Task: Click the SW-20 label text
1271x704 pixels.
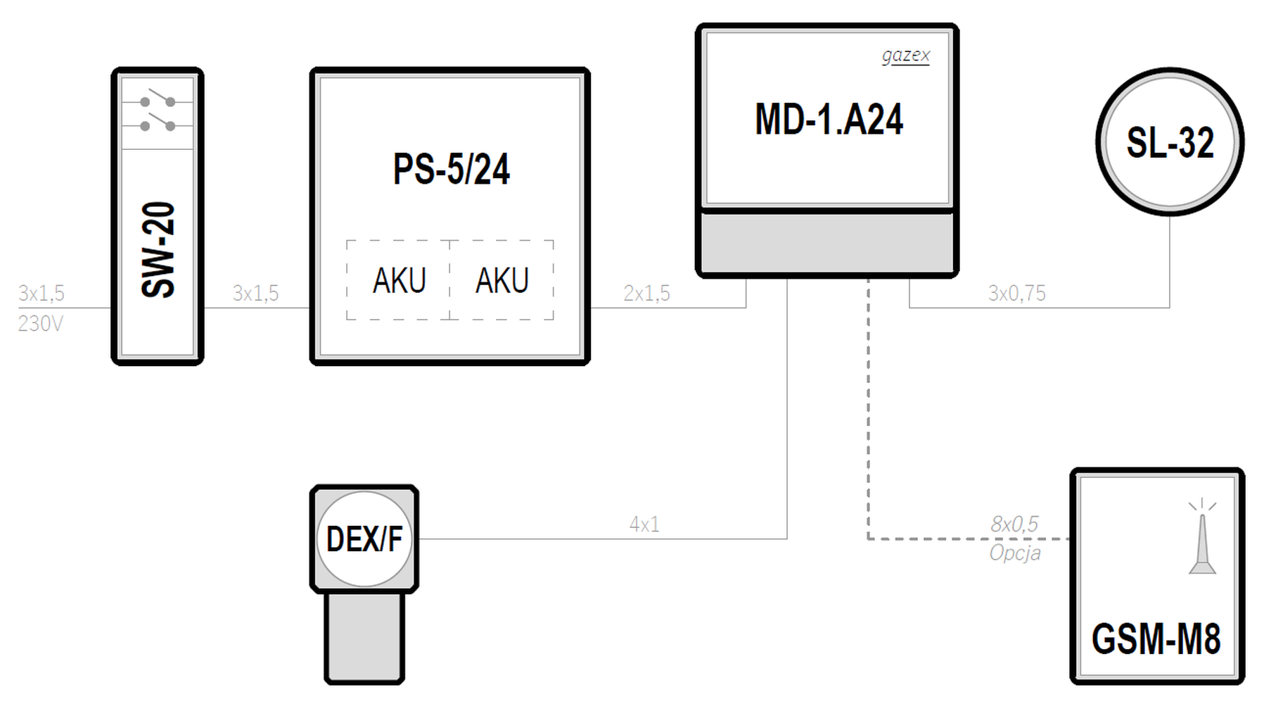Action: [x=158, y=250]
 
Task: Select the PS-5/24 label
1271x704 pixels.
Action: [x=451, y=169]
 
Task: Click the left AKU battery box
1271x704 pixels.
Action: [x=398, y=280]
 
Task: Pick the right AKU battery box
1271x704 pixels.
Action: [x=502, y=280]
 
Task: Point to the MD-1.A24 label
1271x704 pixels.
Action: [x=829, y=119]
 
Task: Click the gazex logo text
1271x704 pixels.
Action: [x=906, y=55]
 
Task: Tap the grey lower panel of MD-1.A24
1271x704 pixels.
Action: [x=827, y=241]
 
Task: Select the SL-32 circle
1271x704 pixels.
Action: [x=1170, y=142]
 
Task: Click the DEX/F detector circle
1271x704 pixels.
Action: [x=364, y=539]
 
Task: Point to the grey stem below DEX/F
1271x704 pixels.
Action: [x=364, y=637]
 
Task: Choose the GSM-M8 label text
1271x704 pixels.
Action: [x=1156, y=639]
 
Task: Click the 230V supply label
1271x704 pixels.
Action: [x=41, y=324]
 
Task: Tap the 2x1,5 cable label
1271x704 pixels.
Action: [x=646, y=293]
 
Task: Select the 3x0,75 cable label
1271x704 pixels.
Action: [x=1016, y=293]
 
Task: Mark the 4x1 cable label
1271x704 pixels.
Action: [x=644, y=524]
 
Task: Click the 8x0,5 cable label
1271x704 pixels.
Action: [x=1014, y=524]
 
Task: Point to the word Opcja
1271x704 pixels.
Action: [x=1015, y=553]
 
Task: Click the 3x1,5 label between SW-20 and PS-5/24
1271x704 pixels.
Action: [x=255, y=293]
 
